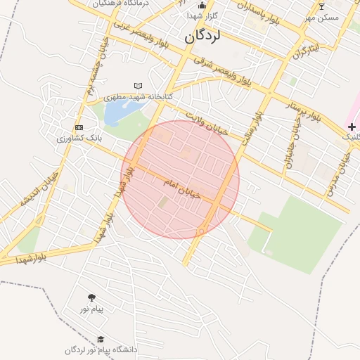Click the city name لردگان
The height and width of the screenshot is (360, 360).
pyautogui.click(x=202, y=39)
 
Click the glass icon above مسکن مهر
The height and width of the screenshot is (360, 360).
pyautogui.click(x=322, y=6)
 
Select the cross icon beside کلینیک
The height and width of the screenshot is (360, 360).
pyautogui.click(x=351, y=127)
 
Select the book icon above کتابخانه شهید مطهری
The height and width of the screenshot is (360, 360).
pyautogui.click(x=138, y=86)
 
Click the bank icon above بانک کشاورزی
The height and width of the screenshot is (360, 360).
pyautogui.click(x=79, y=127)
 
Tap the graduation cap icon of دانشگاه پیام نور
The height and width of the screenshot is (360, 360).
pyautogui.click(x=101, y=340)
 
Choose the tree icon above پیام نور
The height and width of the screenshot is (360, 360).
pyautogui.click(x=91, y=297)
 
